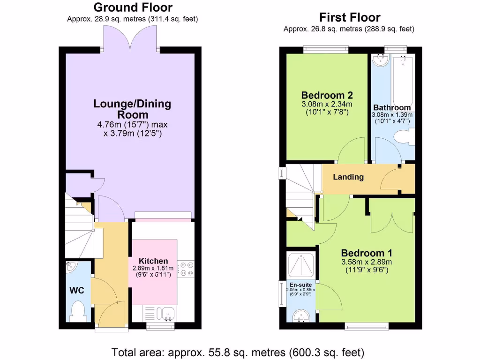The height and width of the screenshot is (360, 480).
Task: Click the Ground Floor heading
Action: [x=133, y=7]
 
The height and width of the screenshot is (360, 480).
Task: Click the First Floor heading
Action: [x=349, y=18]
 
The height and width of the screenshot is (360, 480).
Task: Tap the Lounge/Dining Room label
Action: [x=133, y=109]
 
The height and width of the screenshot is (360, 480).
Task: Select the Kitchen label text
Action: [x=153, y=261]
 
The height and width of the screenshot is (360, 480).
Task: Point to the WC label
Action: [x=77, y=291]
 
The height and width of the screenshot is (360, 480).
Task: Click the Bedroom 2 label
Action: [x=326, y=94]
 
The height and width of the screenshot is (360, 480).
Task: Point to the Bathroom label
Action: [x=392, y=108]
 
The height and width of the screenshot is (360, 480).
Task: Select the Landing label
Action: [x=348, y=177]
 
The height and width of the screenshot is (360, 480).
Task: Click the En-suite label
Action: [x=300, y=284]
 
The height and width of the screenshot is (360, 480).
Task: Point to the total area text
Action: [x=238, y=352]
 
